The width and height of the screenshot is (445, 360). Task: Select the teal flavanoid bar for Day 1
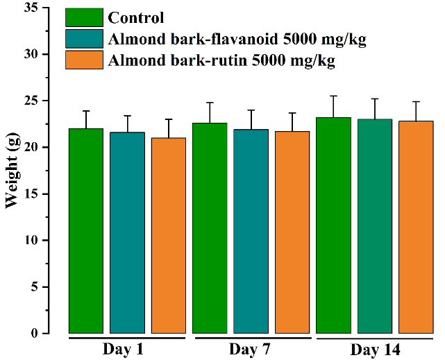[128, 232]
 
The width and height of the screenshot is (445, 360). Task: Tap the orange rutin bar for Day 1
[169, 235]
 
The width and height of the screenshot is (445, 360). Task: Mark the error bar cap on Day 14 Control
[333, 96]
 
